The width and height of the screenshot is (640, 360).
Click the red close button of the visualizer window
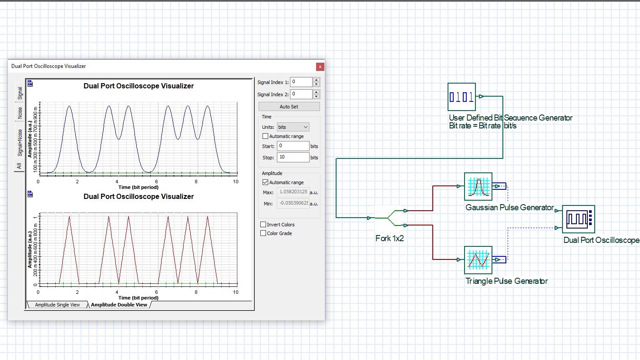point(320,67)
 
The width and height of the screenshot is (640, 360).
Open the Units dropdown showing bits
point(293,127)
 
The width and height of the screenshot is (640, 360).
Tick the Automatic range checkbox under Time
point(265,136)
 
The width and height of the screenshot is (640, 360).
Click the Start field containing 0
point(293,146)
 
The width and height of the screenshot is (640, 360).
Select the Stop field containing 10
point(293,157)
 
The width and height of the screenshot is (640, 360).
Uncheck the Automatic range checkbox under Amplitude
point(265,182)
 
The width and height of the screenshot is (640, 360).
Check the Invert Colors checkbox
point(263,225)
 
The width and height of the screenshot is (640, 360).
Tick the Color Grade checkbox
point(263,233)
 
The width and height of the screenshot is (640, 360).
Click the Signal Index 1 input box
point(301,82)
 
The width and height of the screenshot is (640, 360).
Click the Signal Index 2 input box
point(301,94)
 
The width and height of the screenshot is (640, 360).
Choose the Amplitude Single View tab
point(57,305)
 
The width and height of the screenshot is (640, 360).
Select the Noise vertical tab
point(20,113)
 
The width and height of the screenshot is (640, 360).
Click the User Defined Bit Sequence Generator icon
point(461,97)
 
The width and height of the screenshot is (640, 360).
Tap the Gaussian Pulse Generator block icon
point(478,186)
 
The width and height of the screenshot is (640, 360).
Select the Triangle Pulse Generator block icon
point(478,260)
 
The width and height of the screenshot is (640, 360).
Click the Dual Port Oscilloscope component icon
point(578,219)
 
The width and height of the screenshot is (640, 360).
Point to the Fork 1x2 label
point(390,238)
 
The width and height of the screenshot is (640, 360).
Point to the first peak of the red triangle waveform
point(69,216)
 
